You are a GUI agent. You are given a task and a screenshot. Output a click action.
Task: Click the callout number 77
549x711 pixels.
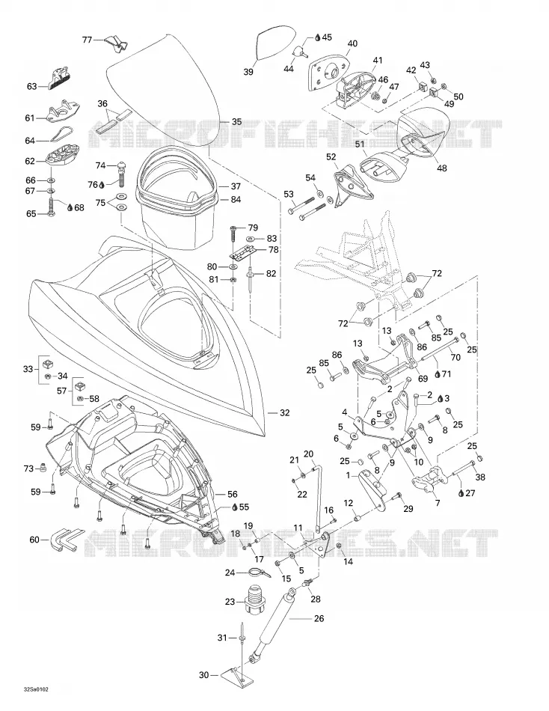(x=87, y=40)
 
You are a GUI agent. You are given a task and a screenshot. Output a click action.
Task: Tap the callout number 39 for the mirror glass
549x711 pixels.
(x=248, y=72)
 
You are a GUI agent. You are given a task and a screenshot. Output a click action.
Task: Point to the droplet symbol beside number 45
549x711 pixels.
(x=318, y=37)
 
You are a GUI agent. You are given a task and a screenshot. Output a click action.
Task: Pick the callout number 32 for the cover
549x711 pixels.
(x=285, y=412)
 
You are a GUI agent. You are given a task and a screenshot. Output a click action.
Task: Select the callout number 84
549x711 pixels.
(x=236, y=200)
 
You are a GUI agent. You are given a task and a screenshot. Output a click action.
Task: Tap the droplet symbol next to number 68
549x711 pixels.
(x=70, y=207)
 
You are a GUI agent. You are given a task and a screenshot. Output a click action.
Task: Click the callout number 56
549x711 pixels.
(x=232, y=494)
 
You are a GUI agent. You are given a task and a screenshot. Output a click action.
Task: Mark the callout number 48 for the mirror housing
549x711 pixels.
(x=441, y=168)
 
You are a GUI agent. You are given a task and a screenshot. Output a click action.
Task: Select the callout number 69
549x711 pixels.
(x=423, y=379)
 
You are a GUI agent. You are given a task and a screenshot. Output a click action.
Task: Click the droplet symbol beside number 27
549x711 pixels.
(x=461, y=493)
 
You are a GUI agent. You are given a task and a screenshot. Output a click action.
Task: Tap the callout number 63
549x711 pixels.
(x=31, y=86)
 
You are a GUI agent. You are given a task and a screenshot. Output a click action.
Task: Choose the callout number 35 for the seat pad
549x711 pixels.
(x=236, y=121)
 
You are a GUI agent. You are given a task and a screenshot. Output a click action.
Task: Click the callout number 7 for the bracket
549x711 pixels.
(x=438, y=503)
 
